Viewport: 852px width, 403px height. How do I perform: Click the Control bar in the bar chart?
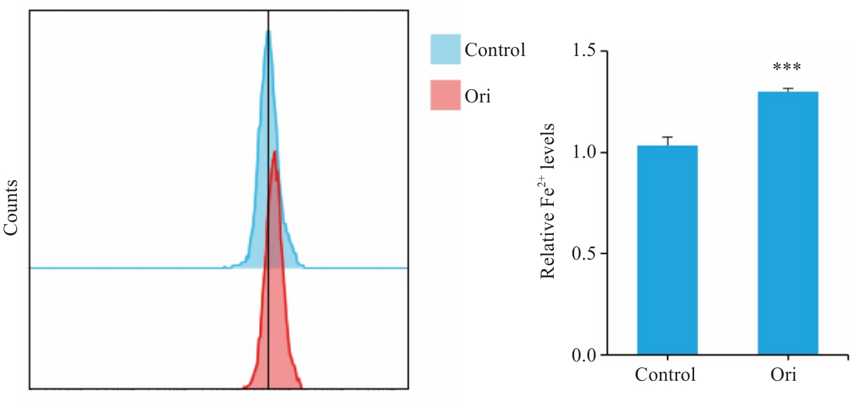coord(667,250)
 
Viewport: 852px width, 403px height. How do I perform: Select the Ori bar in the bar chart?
coord(788,223)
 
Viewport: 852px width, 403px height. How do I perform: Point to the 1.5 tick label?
coord(582,52)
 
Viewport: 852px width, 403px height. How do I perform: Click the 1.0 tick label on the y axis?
coord(582,152)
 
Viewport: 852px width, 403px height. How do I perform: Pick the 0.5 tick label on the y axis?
coord(582,254)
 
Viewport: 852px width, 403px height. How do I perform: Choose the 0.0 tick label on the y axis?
coord(582,355)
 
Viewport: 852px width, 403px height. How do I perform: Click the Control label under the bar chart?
coord(666,375)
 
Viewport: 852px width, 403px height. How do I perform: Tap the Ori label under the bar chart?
coord(783,375)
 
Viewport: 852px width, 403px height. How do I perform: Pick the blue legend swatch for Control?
coord(445,49)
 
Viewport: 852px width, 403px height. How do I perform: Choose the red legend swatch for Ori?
coord(445,95)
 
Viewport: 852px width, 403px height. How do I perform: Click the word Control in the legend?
coord(495,49)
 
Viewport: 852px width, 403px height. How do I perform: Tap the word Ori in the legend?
coord(478,96)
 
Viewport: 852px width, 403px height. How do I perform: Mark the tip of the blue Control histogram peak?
coord(268,31)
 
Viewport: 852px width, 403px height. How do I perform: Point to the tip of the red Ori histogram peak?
coord(275,151)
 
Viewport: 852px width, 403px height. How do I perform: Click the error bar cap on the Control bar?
coord(667,137)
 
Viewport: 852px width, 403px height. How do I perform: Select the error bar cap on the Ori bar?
coord(788,89)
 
